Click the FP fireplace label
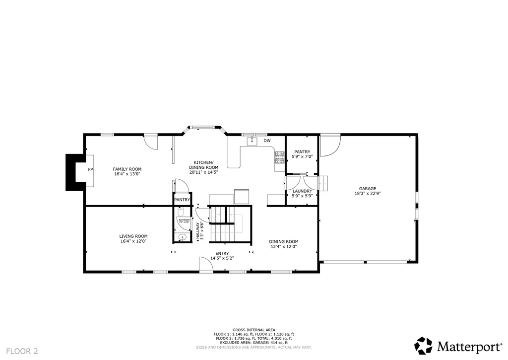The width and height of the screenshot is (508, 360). (91, 170)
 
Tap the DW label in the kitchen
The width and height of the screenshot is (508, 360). (267, 141)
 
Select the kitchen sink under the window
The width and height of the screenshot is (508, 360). (252, 141)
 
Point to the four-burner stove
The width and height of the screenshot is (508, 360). (278, 157)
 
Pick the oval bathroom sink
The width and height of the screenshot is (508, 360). (182, 237)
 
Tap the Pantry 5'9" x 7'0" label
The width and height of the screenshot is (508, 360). (302, 154)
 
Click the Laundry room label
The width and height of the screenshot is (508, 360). (302, 191)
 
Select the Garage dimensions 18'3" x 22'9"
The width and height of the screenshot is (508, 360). (368, 194)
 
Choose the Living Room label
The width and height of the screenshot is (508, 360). (133, 238)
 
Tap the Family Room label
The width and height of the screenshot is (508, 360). (127, 171)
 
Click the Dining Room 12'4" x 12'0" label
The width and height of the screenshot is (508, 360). (284, 244)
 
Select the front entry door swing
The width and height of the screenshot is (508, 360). (205, 264)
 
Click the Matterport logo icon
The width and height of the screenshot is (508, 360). (423, 346)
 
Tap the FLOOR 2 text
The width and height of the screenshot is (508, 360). (22, 351)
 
